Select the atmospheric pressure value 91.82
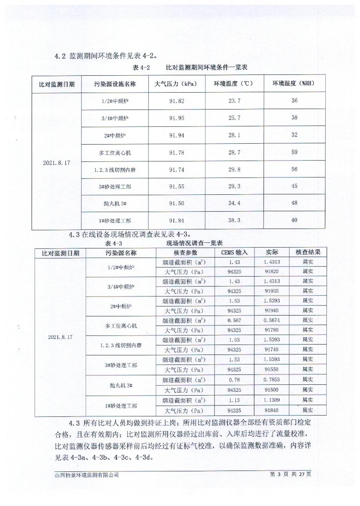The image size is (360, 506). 177,101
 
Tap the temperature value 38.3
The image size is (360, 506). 234,220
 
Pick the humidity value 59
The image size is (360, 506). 294,152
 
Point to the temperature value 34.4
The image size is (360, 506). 234,203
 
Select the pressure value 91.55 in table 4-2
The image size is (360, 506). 177,186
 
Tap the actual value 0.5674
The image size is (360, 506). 272,320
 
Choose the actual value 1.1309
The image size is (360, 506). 272,400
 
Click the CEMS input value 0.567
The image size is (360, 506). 234,320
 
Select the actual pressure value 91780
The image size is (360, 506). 272,330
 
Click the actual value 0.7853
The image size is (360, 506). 272,380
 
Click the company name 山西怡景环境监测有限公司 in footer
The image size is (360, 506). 84,475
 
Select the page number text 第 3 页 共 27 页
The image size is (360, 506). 290,474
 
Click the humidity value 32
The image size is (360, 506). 294,135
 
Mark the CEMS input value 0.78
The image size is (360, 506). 234,380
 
